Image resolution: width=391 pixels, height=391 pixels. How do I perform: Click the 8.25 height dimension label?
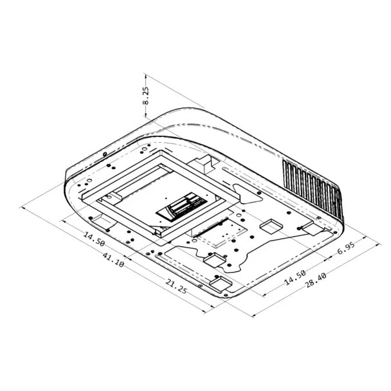click(x=146, y=96)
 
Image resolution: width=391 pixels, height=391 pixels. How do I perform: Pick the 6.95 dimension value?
click(x=345, y=247)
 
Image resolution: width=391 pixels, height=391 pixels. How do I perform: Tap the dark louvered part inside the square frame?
click(x=183, y=208)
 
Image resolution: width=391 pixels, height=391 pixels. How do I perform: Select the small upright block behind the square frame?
click(x=204, y=163)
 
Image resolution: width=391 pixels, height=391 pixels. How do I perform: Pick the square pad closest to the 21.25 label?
click(x=219, y=283)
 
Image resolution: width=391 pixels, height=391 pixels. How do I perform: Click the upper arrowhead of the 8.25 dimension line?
click(x=146, y=75)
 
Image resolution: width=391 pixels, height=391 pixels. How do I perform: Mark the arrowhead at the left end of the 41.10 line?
click(x=24, y=207)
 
